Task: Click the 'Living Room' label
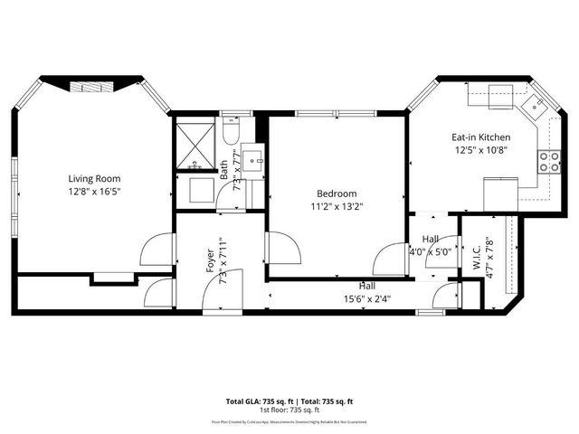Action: [94, 178]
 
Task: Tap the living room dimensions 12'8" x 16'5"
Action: [94, 192]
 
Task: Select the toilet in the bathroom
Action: [230, 135]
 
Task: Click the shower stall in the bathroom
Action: [193, 146]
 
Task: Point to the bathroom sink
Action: [255, 161]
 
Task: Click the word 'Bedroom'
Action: [336, 193]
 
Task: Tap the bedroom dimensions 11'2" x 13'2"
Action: [336, 207]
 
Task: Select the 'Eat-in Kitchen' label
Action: [480, 137]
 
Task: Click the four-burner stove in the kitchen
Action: [548, 161]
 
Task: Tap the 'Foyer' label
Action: [211, 261]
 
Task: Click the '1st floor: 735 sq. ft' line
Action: [289, 410]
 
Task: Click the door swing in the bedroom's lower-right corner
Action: [391, 259]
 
